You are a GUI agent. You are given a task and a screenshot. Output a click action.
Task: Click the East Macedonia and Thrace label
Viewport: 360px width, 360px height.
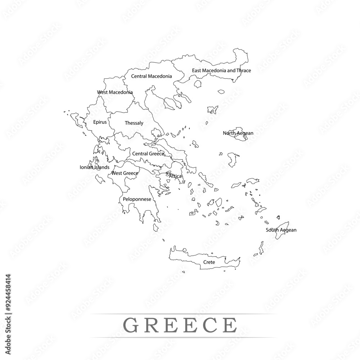(x=221, y=71)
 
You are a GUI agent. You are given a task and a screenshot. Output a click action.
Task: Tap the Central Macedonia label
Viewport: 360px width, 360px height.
(x=151, y=76)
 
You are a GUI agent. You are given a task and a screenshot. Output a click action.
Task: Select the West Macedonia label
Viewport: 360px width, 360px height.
(x=115, y=93)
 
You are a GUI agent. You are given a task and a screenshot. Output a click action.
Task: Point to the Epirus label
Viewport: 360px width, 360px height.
(x=100, y=122)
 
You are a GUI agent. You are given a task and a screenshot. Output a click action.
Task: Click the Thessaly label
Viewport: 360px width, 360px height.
(x=134, y=123)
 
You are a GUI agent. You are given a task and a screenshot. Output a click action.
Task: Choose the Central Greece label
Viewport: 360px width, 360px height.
(x=148, y=154)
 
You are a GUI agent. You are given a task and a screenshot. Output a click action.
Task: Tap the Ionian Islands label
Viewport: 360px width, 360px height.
(x=94, y=167)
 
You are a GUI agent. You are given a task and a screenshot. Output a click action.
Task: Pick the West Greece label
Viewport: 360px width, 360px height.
(x=125, y=173)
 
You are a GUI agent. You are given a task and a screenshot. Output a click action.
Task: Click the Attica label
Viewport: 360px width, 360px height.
(x=175, y=176)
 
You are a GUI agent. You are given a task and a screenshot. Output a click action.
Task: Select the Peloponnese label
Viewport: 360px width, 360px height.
(x=137, y=199)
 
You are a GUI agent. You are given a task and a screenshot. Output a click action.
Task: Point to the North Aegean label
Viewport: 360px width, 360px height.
(x=238, y=133)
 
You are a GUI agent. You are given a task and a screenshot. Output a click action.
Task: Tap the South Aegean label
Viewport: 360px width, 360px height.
(x=281, y=230)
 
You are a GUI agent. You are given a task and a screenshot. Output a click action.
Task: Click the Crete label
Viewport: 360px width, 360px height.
(x=209, y=262)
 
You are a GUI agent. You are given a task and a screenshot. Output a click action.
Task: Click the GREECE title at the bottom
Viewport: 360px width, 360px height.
(x=180, y=325)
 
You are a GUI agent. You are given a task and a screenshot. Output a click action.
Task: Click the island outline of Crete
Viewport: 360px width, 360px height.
(x=187, y=258)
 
